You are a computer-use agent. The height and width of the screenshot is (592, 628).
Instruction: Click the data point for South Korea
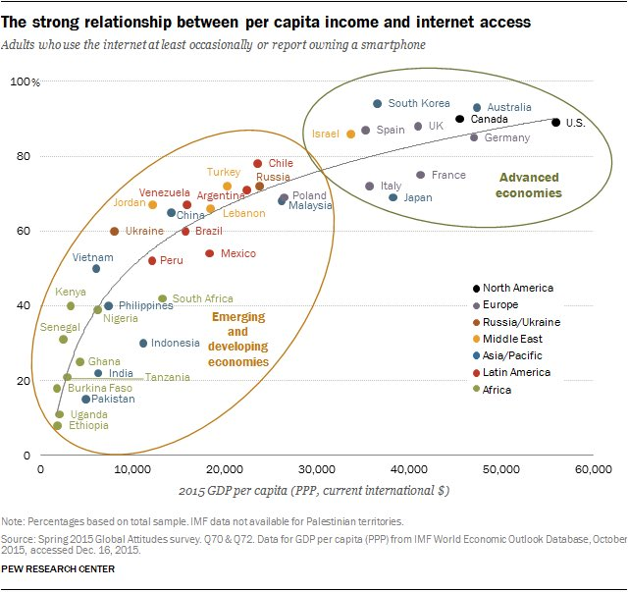click(378, 104)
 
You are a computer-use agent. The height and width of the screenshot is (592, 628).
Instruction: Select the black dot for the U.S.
click(556, 123)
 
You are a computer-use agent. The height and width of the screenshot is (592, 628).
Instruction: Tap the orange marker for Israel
click(351, 134)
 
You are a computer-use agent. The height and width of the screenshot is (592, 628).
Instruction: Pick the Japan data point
click(393, 197)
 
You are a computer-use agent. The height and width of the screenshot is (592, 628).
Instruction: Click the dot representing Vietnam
click(96, 269)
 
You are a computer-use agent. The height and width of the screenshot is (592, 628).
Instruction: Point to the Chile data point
click(258, 164)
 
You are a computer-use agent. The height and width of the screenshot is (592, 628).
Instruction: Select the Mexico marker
click(210, 253)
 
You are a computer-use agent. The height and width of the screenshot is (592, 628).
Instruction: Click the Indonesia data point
click(143, 344)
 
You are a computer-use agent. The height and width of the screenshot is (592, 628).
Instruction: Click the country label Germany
click(506, 138)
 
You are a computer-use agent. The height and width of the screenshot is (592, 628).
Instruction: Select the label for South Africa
click(202, 298)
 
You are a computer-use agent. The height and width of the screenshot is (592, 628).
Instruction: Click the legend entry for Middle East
click(519, 339)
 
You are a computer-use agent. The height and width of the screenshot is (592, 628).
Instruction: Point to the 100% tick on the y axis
click(23, 82)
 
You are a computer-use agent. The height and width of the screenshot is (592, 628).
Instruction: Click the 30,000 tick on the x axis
click(316, 470)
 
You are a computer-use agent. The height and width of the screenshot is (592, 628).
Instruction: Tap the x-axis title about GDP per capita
click(313, 490)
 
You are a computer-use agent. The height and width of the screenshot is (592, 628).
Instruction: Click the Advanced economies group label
click(529, 186)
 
